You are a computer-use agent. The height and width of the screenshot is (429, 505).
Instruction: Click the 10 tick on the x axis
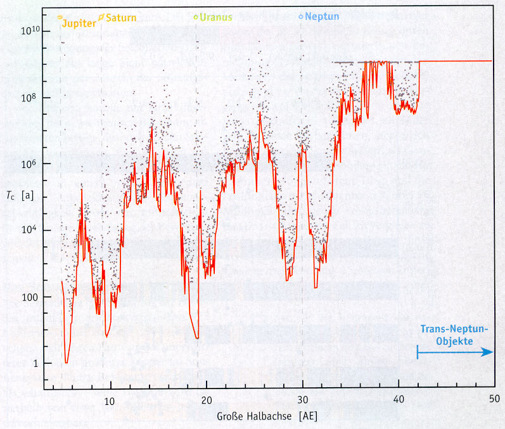click(109, 400)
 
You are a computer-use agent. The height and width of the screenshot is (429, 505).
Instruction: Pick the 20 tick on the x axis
click(207, 400)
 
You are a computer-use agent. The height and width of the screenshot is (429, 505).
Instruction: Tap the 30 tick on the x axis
click(303, 400)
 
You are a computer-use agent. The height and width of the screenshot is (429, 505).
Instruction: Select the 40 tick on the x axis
click(399, 400)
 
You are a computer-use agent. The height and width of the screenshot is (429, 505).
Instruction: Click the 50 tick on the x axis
click(494, 399)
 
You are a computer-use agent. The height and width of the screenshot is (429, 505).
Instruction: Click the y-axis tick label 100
click(26, 297)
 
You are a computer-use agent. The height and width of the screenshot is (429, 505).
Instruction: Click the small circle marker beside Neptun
click(302, 16)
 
